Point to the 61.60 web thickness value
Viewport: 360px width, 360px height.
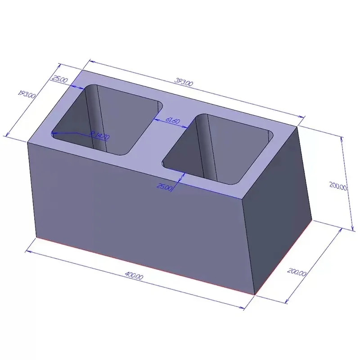(173, 121)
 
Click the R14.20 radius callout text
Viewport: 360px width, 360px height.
(99, 135)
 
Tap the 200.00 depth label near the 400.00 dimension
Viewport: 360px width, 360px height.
(297, 272)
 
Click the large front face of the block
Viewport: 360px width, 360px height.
(135, 211)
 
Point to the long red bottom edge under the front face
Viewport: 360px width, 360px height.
(144, 265)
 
